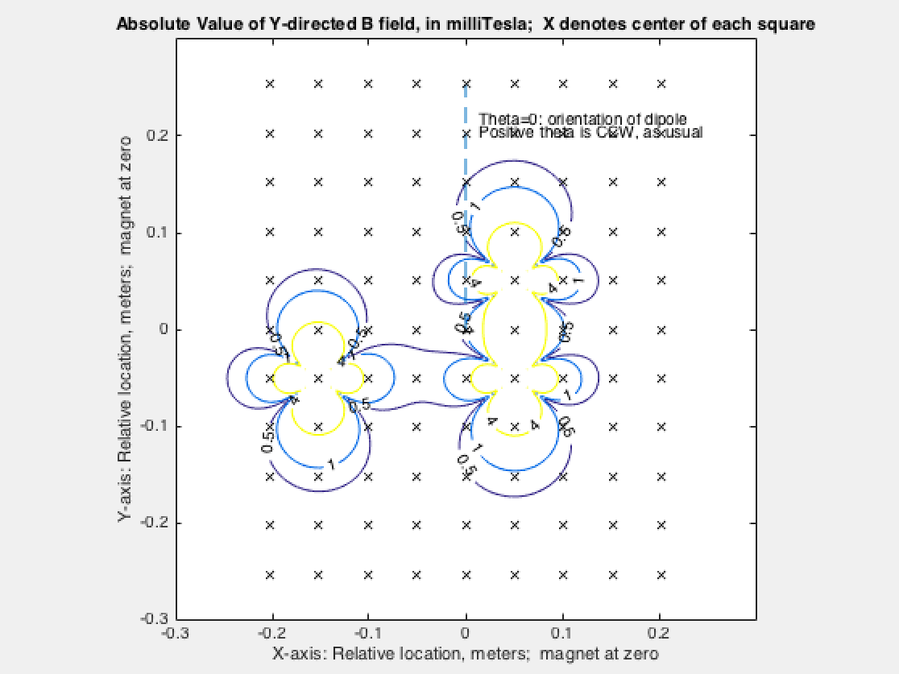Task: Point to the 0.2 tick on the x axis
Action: (x=660, y=619)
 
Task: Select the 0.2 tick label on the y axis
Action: (x=155, y=134)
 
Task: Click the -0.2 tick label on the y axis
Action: (x=153, y=523)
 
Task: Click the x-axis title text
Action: (x=466, y=653)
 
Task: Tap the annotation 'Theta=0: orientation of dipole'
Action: (x=582, y=119)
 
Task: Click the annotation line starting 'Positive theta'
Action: (x=591, y=132)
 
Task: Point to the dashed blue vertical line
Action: (x=466, y=145)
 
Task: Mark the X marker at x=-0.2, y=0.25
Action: (x=271, y=83)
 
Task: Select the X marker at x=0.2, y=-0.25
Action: (x=661, y=575)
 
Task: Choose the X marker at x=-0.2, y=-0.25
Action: (x=271, y=575)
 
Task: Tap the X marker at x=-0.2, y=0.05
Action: (x=271, y=280)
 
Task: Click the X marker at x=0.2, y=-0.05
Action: (x=661, y=378)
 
